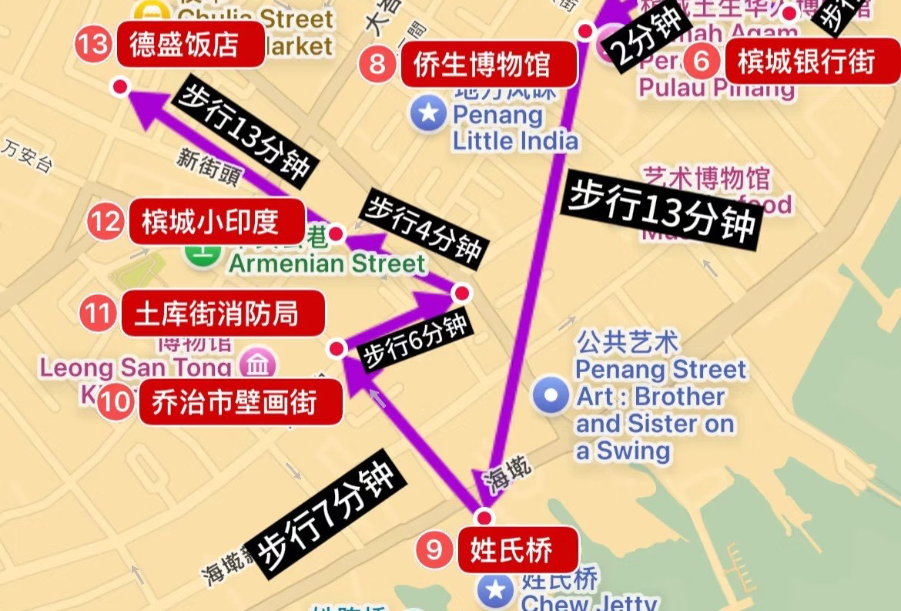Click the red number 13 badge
click(94, 44)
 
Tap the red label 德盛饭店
click(183, 45)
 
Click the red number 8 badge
click(377, 63)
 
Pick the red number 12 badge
click(105, 222)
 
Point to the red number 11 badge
click(98, 314)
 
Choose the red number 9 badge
click(434, 549)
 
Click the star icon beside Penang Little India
click(429, 114)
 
